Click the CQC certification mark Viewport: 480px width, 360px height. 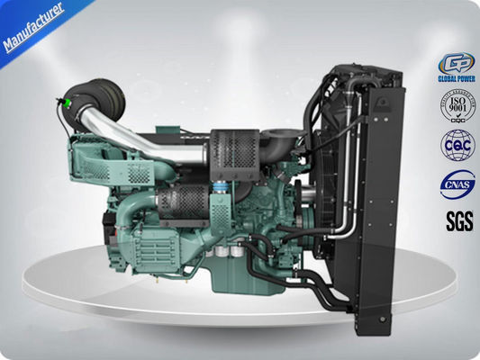pos(456,144)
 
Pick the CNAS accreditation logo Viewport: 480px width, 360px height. pos(456,184)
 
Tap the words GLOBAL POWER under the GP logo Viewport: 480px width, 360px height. pos(456,78)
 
